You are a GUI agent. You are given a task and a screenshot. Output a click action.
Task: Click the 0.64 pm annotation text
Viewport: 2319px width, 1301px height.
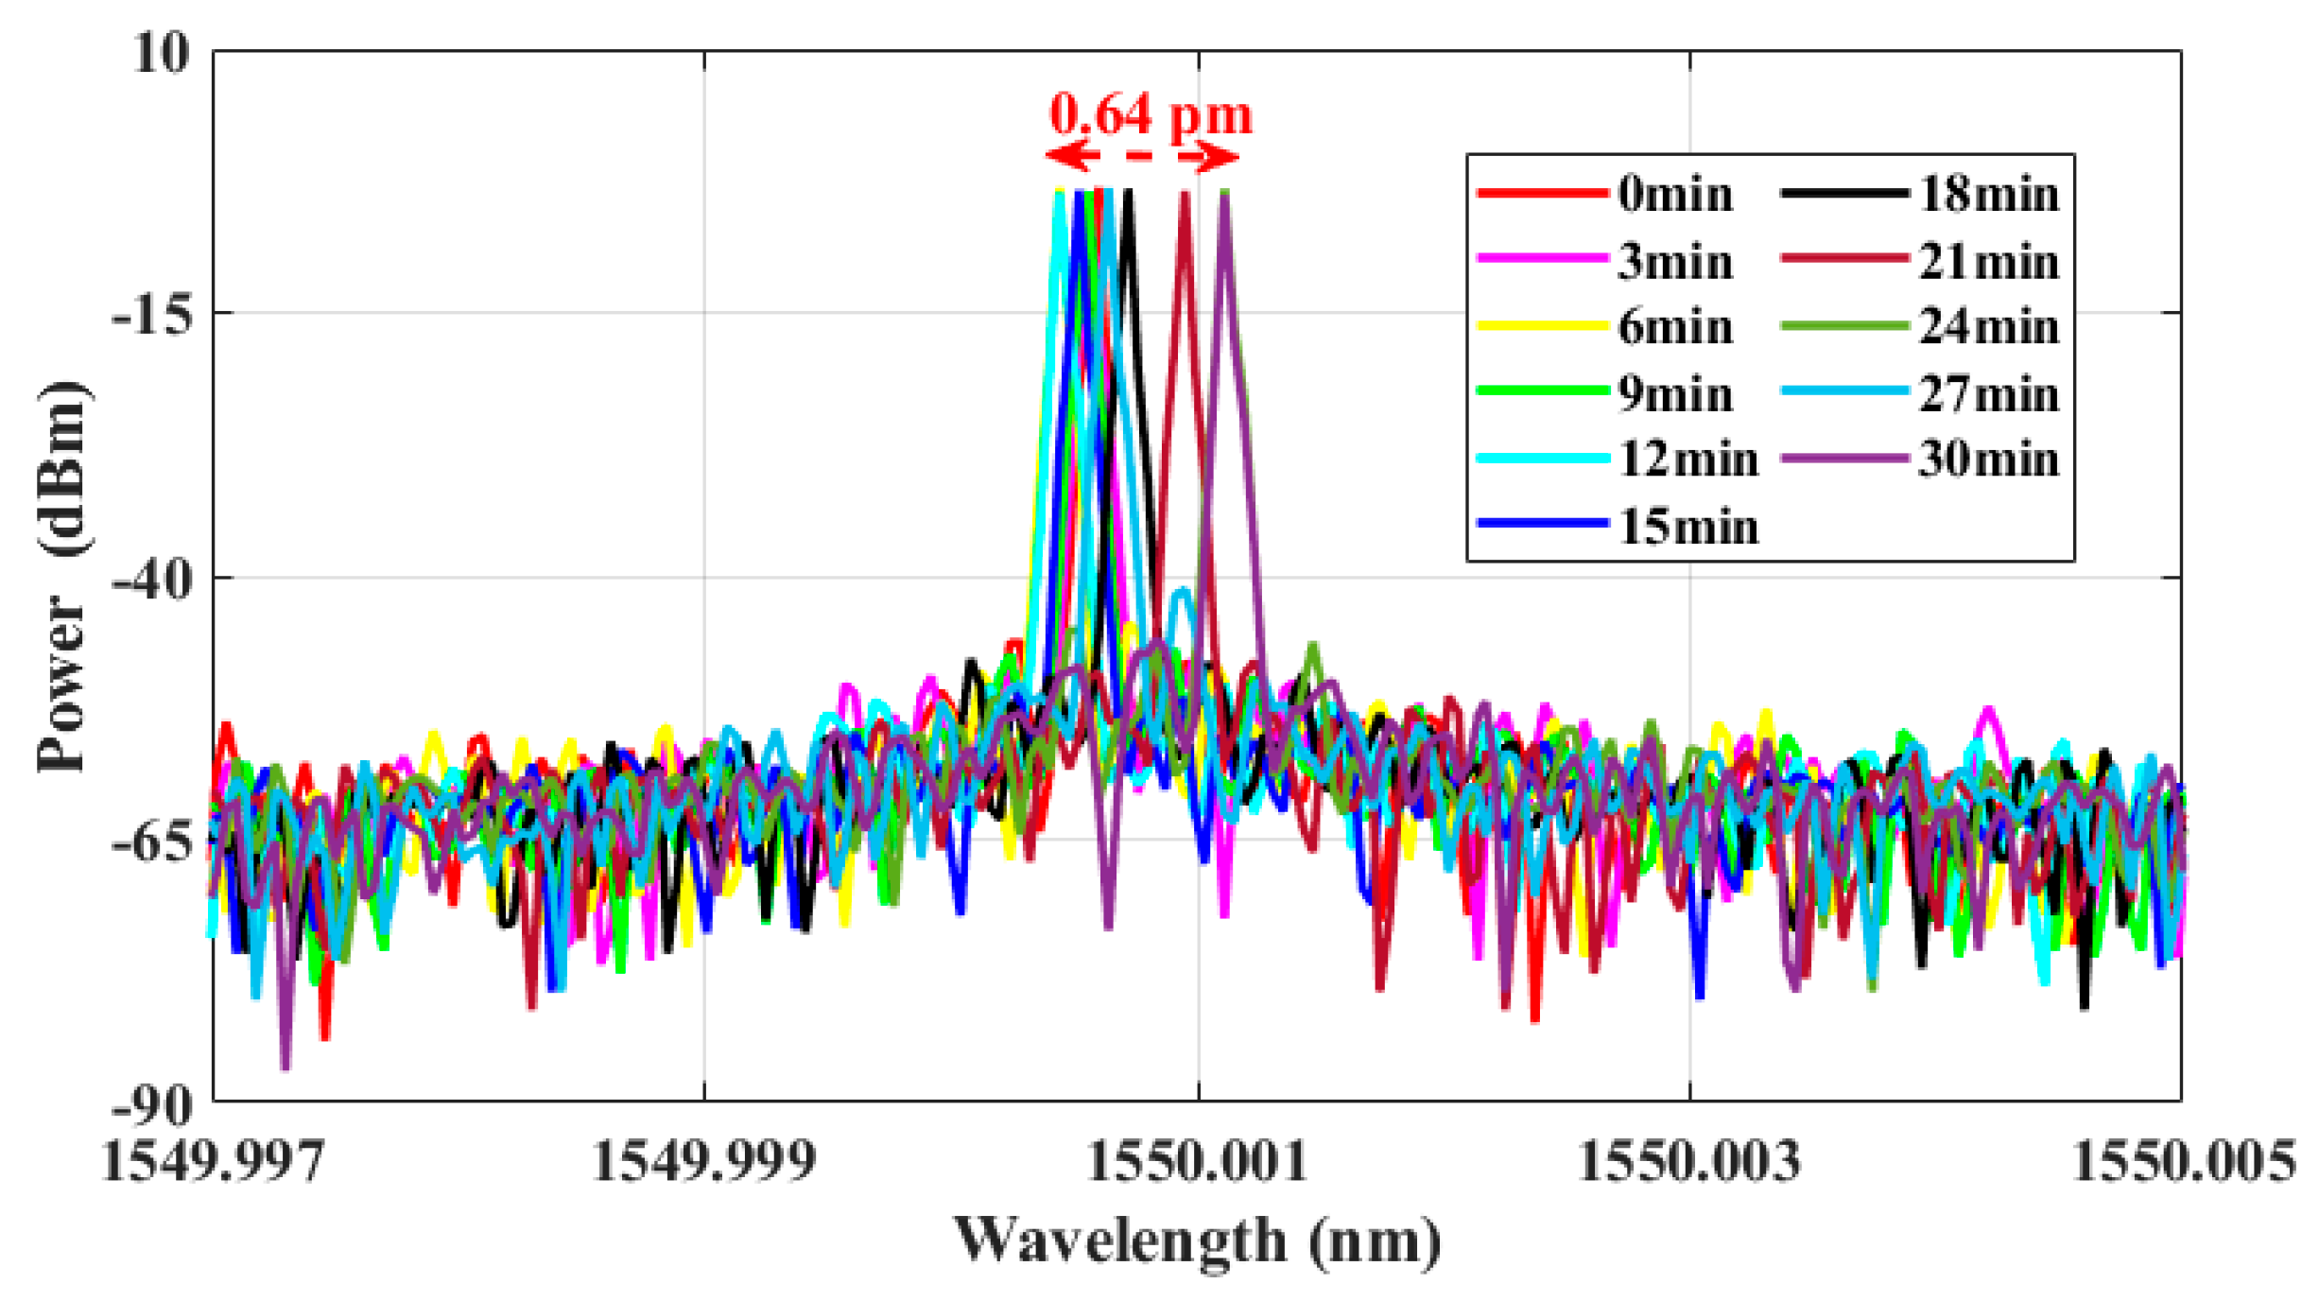coord(1151,115)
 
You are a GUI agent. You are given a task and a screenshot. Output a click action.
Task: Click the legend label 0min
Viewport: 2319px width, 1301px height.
coord(1675,195)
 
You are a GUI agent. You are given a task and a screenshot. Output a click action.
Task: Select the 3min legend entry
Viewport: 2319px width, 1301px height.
coord(1675,261)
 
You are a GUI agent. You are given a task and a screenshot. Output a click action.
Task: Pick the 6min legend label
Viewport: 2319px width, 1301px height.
coord(1675,327)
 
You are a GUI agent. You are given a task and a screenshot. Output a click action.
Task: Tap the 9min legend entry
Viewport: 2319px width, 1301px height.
coord(1675,393)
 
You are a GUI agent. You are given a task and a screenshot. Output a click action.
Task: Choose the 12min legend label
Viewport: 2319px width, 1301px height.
coord(1688,460)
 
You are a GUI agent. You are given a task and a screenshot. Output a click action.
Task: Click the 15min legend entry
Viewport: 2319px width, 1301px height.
coord(1688,527)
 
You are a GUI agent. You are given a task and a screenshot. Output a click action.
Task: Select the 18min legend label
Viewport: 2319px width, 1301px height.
coord(1989,195)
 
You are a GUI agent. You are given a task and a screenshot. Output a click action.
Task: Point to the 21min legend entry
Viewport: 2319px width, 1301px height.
coord(1989,261)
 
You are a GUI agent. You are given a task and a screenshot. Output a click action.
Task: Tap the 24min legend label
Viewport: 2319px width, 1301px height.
coord(1989,327)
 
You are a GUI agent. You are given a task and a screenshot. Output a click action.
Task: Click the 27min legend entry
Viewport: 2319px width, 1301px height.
coord(1989,393)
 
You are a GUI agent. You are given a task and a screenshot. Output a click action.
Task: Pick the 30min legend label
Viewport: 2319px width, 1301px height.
coord(1989,460)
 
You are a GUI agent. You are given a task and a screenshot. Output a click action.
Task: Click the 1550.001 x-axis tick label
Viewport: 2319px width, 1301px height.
coord(1198,1162)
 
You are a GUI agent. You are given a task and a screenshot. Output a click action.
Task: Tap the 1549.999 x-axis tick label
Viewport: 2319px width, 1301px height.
coord(703,1162)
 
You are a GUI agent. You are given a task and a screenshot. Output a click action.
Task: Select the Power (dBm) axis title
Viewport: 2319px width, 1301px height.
coord(62,577)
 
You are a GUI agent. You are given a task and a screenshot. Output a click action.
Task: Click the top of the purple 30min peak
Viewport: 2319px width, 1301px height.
coord(1224,195)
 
